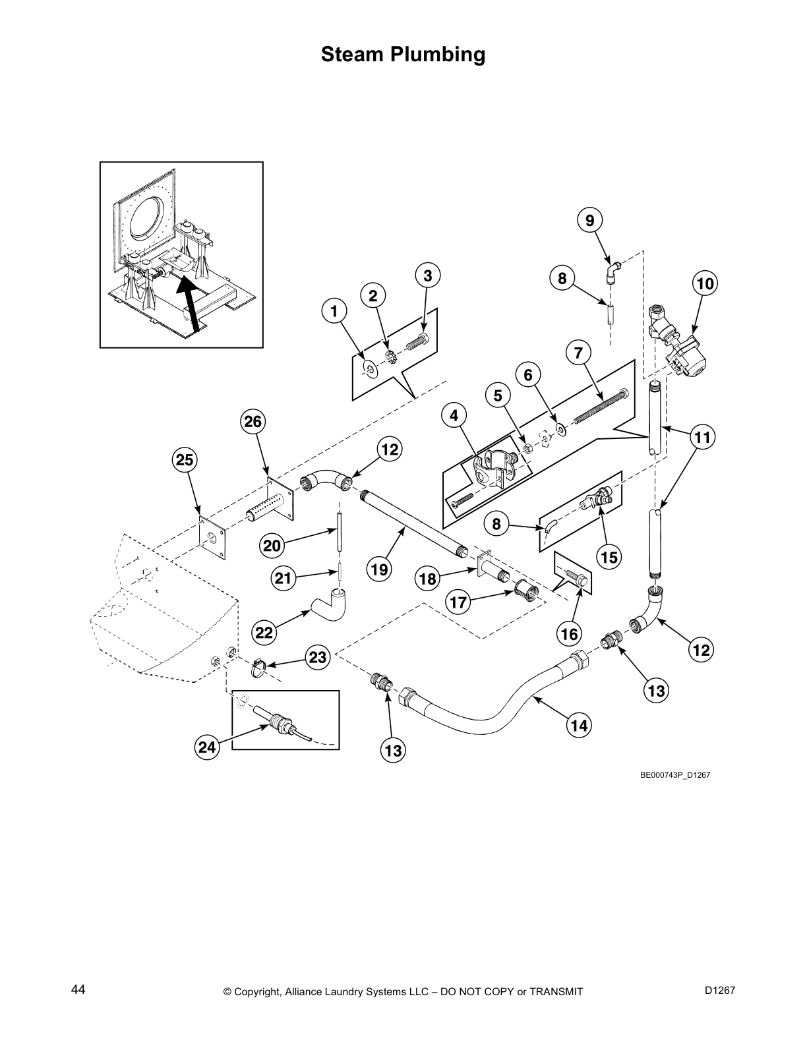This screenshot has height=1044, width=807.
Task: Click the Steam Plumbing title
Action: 403,55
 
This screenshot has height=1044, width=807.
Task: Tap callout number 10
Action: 705,284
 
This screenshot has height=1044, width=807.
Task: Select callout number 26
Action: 254,422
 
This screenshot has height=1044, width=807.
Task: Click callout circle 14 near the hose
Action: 579,726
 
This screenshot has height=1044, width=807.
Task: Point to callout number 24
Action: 207,747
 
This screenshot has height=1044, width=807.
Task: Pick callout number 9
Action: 590,220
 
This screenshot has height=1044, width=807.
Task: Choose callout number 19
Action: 380,569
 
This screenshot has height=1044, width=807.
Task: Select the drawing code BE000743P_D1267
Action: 674,775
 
